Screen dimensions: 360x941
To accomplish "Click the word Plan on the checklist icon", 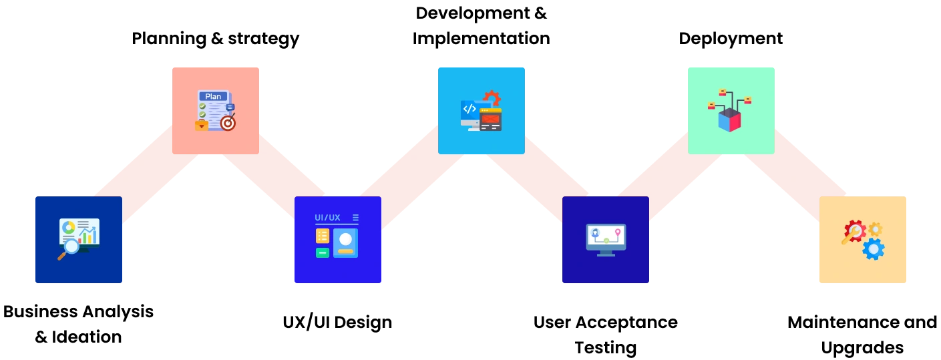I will pos(213,97).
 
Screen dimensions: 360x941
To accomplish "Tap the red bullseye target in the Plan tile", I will pos(228,123).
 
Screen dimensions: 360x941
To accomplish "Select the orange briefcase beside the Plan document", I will pos(201,125).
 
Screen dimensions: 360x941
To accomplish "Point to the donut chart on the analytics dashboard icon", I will pos(68,227).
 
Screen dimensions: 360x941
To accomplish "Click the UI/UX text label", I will pos(327,218).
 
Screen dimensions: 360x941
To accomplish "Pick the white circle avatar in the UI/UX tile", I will pos(345,238).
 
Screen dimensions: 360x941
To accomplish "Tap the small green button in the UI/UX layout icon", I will pos(323,252).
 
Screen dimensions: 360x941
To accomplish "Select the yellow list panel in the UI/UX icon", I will pos(323,236).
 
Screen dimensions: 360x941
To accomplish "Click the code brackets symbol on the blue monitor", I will pos(469,109).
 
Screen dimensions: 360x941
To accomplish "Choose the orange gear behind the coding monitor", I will pos(493,98).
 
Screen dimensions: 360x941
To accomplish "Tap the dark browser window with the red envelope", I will pos(490,120).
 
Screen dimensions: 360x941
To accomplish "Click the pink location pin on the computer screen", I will pos(618,232).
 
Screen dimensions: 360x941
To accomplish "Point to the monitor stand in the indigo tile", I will pos(606,253).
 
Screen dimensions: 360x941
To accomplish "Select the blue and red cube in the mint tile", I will pos(729,120).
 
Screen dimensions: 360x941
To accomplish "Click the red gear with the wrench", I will pos(854,231).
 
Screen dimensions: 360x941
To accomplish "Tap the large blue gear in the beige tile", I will pos(873,249).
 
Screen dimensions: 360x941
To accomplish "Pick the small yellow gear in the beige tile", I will pos(875,229).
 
